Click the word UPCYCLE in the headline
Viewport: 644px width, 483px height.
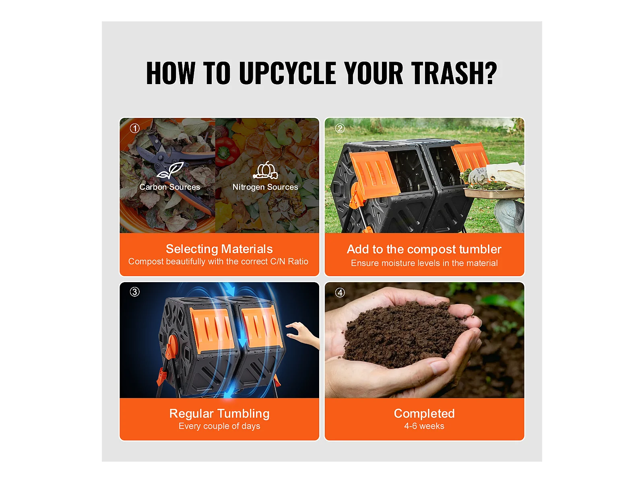coord(287,73)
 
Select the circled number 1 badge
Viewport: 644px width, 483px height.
coord(135,128)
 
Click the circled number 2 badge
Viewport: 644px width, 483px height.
coord(340,128)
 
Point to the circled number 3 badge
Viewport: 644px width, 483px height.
coord(135,292)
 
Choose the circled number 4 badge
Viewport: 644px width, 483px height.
coord(340,292)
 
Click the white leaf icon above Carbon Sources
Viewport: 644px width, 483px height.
coord(170,170)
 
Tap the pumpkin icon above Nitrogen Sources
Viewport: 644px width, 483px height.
coord(266,170)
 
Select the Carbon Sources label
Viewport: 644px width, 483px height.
coord(169,187)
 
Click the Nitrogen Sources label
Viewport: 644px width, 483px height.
coord(265,187)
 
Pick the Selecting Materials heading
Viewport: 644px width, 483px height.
coord(219,249)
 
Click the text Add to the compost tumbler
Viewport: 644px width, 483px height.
coord(424,249)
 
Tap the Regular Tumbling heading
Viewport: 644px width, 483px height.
coord(219,414)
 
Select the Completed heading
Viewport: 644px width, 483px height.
coord(424,413)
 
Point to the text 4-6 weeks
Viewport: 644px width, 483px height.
coord(424,426)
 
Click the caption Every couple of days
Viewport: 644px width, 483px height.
coord(219,426)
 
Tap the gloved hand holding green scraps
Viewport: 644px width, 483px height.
coord(478,175)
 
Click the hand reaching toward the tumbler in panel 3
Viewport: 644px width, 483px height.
coord(302,334)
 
